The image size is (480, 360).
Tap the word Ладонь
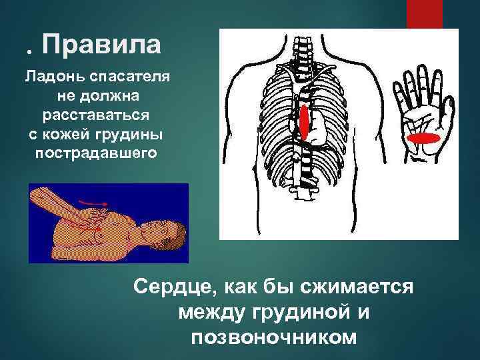tap(49, 77)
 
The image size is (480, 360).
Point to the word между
tap(211, 313)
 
